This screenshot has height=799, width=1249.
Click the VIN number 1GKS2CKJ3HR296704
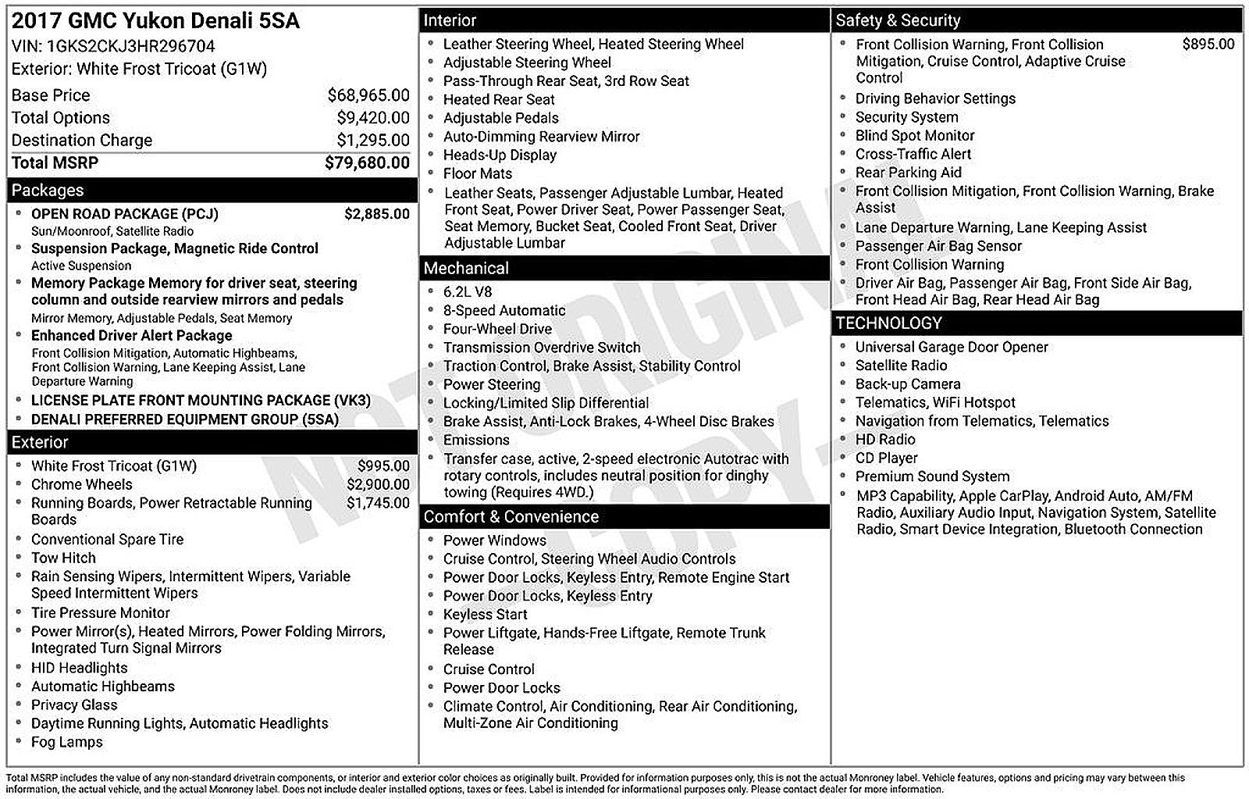pyautogui.click(x=131, y=46)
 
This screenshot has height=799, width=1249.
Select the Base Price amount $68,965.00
pyautogui.click(x=368, y=95)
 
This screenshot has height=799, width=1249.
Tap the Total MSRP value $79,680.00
pyautogui.click(x=367, y=162)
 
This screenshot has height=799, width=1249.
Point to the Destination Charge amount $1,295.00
pyautogui.click(x=372, y=141)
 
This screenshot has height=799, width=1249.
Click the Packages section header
pyautogui.click(x=48, y=191)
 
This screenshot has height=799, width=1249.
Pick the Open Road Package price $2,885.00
pyautogui.click(x=376, y=214)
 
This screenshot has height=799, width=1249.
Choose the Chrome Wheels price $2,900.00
pyautogui.click(x=378, y=484)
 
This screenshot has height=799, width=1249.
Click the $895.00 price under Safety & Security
pyautogui.click(x=1208, y=45)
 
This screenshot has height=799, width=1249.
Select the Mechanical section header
pyautogui.click(x=466, y=269)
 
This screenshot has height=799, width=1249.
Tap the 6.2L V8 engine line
pyautogui.click(x=468, y=291)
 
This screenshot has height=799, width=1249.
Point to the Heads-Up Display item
pyautogui.click(x=500, y=155)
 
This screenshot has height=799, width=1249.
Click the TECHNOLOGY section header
pyautogui.click(x=888, y=323)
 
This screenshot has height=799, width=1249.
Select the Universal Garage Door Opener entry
pyautogui.click(x=951, y=347)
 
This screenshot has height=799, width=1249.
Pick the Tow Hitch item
pyautogui.click(x=63, y=558)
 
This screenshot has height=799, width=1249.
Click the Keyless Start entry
pyautogui.click(x=485, y=614)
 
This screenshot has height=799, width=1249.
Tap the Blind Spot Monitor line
pyautogui.click(x=914, y=135)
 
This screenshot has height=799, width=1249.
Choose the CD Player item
pyautogui.click(x=886, y=458)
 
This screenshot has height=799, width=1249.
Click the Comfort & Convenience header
pyautogui.click(x=511, y=517)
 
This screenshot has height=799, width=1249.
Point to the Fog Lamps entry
pyautogui.click(x=66, y=742)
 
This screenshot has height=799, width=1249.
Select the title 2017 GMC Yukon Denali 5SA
pyautogui.click(x=155, y=21)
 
